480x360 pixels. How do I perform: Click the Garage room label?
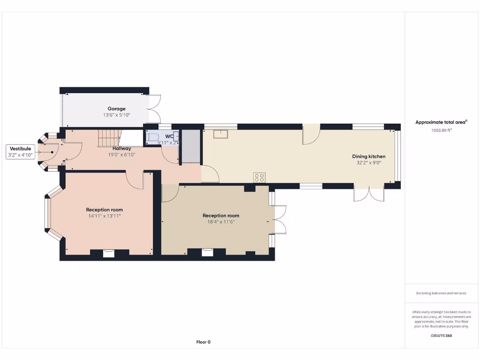pos(116,109)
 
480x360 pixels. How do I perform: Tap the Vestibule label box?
pos(20,152)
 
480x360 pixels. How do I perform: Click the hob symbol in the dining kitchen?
pos(259,177)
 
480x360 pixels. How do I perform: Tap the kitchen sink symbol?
pos(220,134)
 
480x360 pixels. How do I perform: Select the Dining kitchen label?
pos(369,157)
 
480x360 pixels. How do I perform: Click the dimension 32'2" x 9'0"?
pos(369,163)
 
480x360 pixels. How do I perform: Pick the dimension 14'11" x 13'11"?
pos(105,216)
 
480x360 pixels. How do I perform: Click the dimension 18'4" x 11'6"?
pos(221,222)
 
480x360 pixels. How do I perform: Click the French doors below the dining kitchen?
pos(369,194)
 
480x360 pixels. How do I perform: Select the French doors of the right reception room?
pos(280,219)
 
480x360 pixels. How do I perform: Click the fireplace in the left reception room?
pos(109,253)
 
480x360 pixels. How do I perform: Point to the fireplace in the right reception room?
pos(207,253)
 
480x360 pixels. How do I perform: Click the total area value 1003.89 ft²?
pos(441,130)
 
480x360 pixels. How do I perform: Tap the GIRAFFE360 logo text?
pos(441,336)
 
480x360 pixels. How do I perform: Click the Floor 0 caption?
pos(203,342)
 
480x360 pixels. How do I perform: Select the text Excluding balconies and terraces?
pos(441,293)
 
